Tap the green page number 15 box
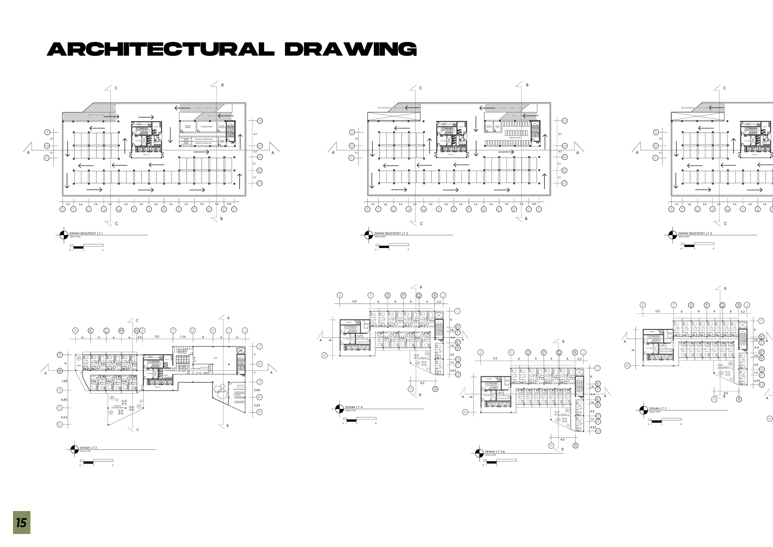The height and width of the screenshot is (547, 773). coord(22,523)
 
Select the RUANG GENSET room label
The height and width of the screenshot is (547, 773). coord(207,127)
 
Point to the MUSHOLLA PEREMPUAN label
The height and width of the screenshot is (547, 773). coord(203,139)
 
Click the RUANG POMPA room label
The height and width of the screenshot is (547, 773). coord(188,127)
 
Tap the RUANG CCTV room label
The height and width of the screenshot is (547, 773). coord(497,127)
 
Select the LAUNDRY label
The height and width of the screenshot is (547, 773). coord(237,395)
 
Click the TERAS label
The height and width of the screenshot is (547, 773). coord(78,365)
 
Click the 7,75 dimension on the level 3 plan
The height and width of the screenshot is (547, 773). coord(183,337)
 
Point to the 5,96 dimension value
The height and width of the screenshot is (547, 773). coord(257,390)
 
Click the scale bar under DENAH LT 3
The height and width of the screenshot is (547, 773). coord(97,461)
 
